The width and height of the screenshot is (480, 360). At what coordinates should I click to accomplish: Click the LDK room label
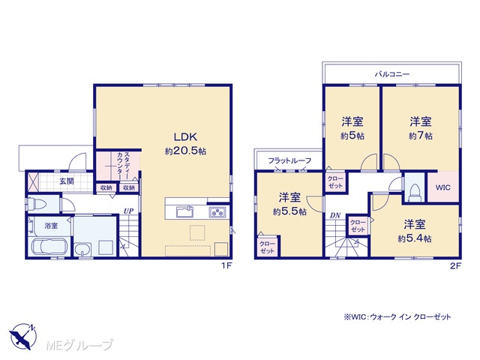click(185, 136)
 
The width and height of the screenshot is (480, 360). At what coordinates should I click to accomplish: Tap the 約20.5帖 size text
click(185, 151)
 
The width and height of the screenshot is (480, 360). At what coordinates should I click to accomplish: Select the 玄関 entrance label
click(67, 181)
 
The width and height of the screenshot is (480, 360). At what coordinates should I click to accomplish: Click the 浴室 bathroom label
click(51, 226)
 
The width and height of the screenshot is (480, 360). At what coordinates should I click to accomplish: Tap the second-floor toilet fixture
click(415, 193)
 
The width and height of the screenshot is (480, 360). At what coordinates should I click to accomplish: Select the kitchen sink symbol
click(185, 211)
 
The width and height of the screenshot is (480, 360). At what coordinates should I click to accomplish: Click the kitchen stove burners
click(217, 212)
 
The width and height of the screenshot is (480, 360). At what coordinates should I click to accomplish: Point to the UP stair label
click(128, 211)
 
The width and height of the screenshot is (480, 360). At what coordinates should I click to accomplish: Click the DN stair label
click(335, 216)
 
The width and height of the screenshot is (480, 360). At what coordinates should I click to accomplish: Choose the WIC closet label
click(442, 187)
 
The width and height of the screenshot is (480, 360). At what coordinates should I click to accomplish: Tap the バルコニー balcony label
click(392, 74)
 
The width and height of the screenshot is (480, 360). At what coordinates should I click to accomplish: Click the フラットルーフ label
click(289, 160)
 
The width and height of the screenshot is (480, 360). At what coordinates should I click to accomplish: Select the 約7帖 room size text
click(420, 136)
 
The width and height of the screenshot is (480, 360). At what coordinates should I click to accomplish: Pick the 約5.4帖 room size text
click(415, 238)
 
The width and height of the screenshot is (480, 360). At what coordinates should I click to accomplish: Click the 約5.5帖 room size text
click(289, 211)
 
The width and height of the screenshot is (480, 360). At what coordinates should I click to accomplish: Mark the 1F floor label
click(226, 266)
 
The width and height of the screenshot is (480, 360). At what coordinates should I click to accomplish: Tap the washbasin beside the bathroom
click(82, 249)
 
